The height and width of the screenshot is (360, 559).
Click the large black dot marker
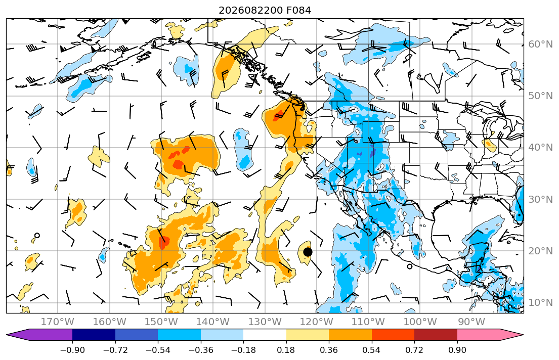tap(308, 252)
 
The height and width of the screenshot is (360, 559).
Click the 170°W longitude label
tap(58, 322)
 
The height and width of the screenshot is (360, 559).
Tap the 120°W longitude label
tap(317, 322)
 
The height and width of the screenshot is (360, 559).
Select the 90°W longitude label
tap(471, 322)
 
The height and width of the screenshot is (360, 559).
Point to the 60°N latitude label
tap(540, 44)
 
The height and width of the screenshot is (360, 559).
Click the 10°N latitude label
tap(540, 303)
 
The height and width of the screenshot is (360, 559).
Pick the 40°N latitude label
tap(540, 148)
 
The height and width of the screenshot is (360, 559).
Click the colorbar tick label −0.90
tap(72, 350)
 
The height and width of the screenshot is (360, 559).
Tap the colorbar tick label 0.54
tap(371, 350)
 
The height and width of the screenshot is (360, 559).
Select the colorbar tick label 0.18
tap(286, 350)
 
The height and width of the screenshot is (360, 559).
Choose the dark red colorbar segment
tap(436, 335)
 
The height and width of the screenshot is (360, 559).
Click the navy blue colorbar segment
tap(94, 335)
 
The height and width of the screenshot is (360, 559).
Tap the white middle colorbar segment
tap(265, 335)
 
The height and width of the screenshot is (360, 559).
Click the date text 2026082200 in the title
tap(251, 10)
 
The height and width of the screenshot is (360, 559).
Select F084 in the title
tap(299, 10)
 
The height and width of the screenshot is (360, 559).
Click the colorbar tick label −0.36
tap(200, 350)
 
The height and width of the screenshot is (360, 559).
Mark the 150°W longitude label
tap(161, 322)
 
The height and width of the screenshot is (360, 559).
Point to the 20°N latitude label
tap(540, 251)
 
